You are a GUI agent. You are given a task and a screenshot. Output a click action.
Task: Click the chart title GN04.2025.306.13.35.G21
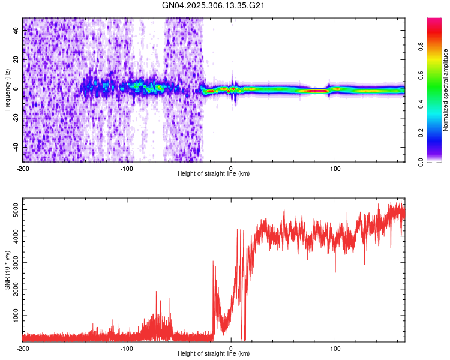[214, 5]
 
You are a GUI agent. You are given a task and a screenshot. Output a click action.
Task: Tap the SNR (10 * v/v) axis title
[7, 269]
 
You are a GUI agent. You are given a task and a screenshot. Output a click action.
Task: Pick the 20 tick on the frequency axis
[17, 59]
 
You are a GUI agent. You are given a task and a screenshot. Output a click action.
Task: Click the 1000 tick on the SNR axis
[13, 316]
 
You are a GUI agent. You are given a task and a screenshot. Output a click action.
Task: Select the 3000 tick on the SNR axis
[13, 263]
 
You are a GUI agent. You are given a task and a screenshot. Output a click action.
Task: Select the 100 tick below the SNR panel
[335, 349]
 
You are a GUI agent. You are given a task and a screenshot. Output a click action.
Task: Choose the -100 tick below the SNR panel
[127, 349]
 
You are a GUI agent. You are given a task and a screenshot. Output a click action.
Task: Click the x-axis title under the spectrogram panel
[214, 174]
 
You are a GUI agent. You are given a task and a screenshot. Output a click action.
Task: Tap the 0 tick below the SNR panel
[232, 349]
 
